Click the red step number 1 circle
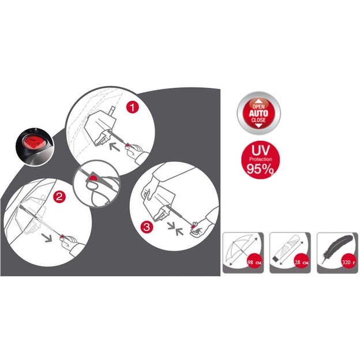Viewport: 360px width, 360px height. point(133,107)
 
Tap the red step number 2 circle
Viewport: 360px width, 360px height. point(59,197)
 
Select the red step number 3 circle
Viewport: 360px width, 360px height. point(147,227)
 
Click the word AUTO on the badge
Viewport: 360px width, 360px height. point(258,113)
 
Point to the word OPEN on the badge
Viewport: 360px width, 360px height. point(258,107)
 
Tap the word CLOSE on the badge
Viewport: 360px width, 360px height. point(258,120)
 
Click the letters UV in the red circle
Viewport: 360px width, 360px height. point(260,150)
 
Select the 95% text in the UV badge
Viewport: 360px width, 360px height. point(260,169)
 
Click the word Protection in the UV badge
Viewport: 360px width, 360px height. point(261,159)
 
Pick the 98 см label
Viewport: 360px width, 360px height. point(254,262)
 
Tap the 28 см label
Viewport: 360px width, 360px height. point(302,262)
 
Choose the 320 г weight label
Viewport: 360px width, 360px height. point(349,262)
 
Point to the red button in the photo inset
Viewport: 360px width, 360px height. point(33,143)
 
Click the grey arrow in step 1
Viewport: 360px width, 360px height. point(115,147)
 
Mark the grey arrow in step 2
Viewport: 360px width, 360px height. point(48,237)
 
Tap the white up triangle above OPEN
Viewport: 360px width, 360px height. point(258,101)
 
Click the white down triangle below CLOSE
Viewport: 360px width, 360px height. point(258,125)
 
